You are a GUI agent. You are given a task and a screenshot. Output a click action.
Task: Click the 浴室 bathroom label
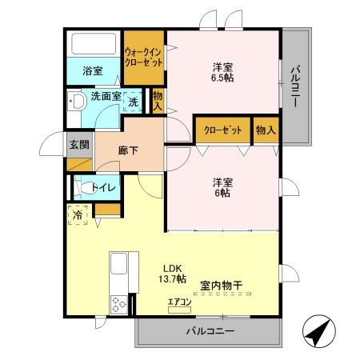pos(93,71)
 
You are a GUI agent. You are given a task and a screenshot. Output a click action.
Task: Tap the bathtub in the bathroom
pos(94,44)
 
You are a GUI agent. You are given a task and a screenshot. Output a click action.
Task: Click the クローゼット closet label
pos(222,130)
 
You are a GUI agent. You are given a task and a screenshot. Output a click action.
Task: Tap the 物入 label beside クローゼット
pos(265,130)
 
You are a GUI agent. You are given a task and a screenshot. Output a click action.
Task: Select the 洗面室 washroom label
pos(105,97)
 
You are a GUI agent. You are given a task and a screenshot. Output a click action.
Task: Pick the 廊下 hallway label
pos(129,150)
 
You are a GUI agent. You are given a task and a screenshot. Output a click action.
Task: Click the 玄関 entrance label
pos(78,145)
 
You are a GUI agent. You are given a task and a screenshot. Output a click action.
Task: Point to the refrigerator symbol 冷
pos(78,214)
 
